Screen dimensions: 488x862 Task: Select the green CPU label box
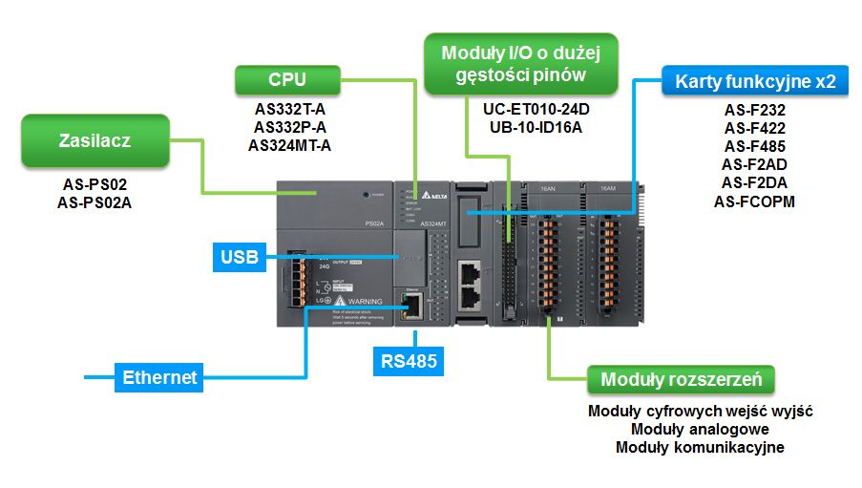(287, 78)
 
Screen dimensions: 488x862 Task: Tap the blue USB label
(239, 257)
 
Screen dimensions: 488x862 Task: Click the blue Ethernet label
(159, 377)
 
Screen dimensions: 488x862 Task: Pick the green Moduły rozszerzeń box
(681, 379)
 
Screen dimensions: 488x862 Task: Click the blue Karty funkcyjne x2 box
(755, 81)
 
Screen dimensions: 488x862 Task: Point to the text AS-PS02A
(95, 202)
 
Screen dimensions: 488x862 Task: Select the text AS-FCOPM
(754, 201)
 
